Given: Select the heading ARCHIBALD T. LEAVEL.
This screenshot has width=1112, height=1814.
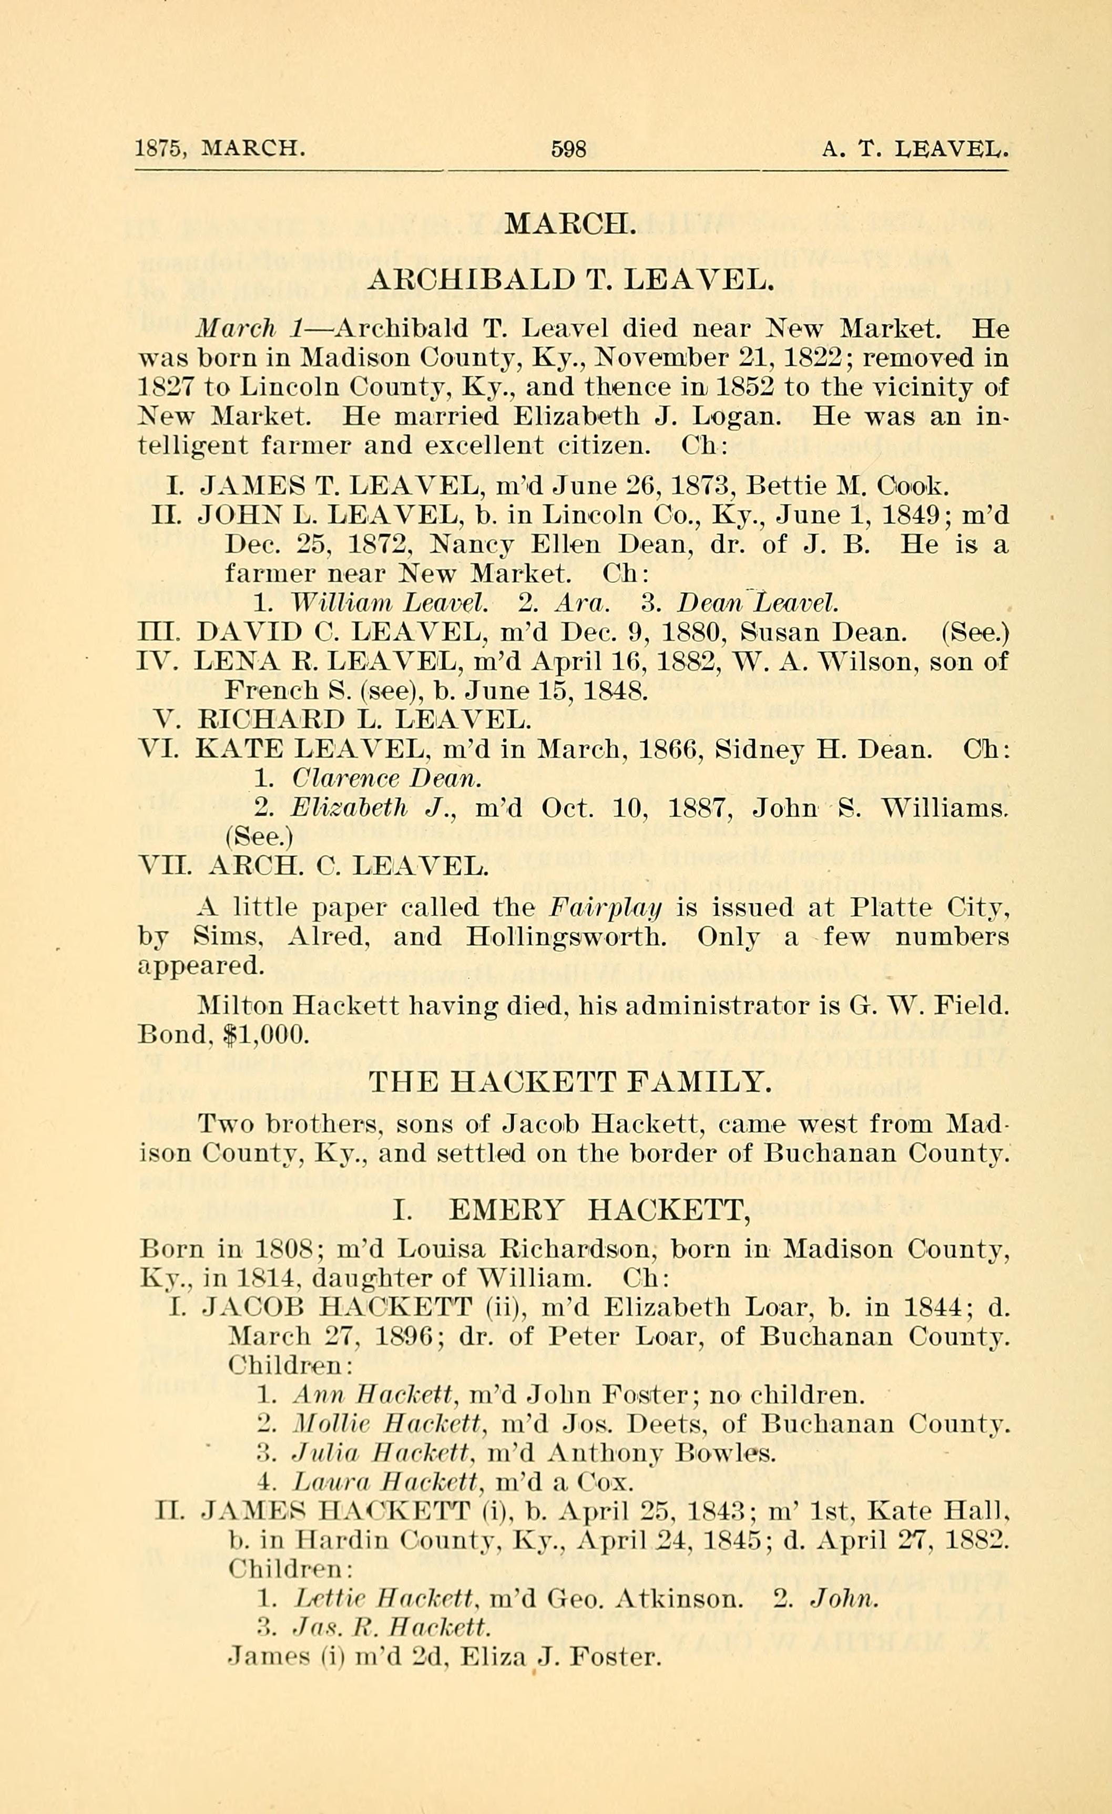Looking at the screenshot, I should (x=570, y=279).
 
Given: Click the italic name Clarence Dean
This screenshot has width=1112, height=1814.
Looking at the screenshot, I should (x=386, y=778).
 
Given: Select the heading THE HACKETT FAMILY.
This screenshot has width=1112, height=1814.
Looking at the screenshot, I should (x=569, y=1081).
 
